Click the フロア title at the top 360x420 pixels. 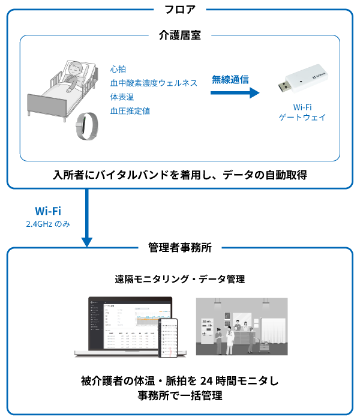click(x=180, y=10)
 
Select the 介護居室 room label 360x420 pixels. click(x=180, y=35)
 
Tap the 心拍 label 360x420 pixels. click(x=118, y=70)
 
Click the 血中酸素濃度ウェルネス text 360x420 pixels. click(x=154, y=83)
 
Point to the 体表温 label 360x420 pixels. click(x=122, y=97)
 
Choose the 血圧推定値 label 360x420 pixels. click(x=130, y=111)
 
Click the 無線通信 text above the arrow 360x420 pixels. click(x=230, y=79)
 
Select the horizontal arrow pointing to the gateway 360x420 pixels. click(x=235, y=93)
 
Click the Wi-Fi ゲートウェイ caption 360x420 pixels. click(x=302, y=112)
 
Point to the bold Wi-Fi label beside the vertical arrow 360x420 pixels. click(x=48, y=211)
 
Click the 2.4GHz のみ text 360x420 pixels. click(x=48, y=224)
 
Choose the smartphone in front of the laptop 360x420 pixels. click(x=169, y=337)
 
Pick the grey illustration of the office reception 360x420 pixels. click(x=242, y=328)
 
